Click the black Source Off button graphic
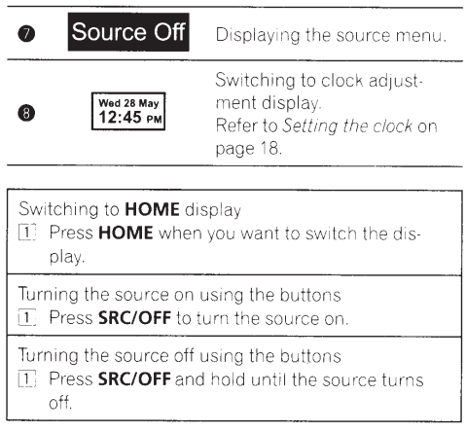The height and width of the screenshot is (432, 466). (x=128, y=32)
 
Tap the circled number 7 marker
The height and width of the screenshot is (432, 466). (x=26, y=34)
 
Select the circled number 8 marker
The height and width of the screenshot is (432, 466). (x=26, y=113)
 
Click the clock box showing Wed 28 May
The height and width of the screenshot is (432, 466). (x=128, y=111)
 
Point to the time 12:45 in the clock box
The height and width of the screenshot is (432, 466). (x=121, y=117)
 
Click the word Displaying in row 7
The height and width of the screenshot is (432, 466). (x=258, y=35)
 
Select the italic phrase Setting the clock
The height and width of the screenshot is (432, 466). (x=347, y=126)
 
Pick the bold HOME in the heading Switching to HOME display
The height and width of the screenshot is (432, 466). (x=152, y=209)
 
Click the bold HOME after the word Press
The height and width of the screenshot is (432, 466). (x=125, y=233)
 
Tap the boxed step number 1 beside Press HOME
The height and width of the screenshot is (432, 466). (x=27, y=233)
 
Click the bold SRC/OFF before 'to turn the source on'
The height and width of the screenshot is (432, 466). (x=134, y=318)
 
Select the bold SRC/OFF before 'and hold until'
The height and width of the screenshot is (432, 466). (x=134, y=378)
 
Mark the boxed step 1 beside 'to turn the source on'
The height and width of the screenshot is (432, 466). (x=27, y=318)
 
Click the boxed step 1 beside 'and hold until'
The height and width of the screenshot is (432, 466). (x=27, y=378)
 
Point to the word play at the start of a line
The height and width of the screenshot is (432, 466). (x=67, y=258)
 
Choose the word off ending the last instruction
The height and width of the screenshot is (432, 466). (x=60, y=402)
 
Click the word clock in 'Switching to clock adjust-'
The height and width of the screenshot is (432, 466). (x=342, y=80)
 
